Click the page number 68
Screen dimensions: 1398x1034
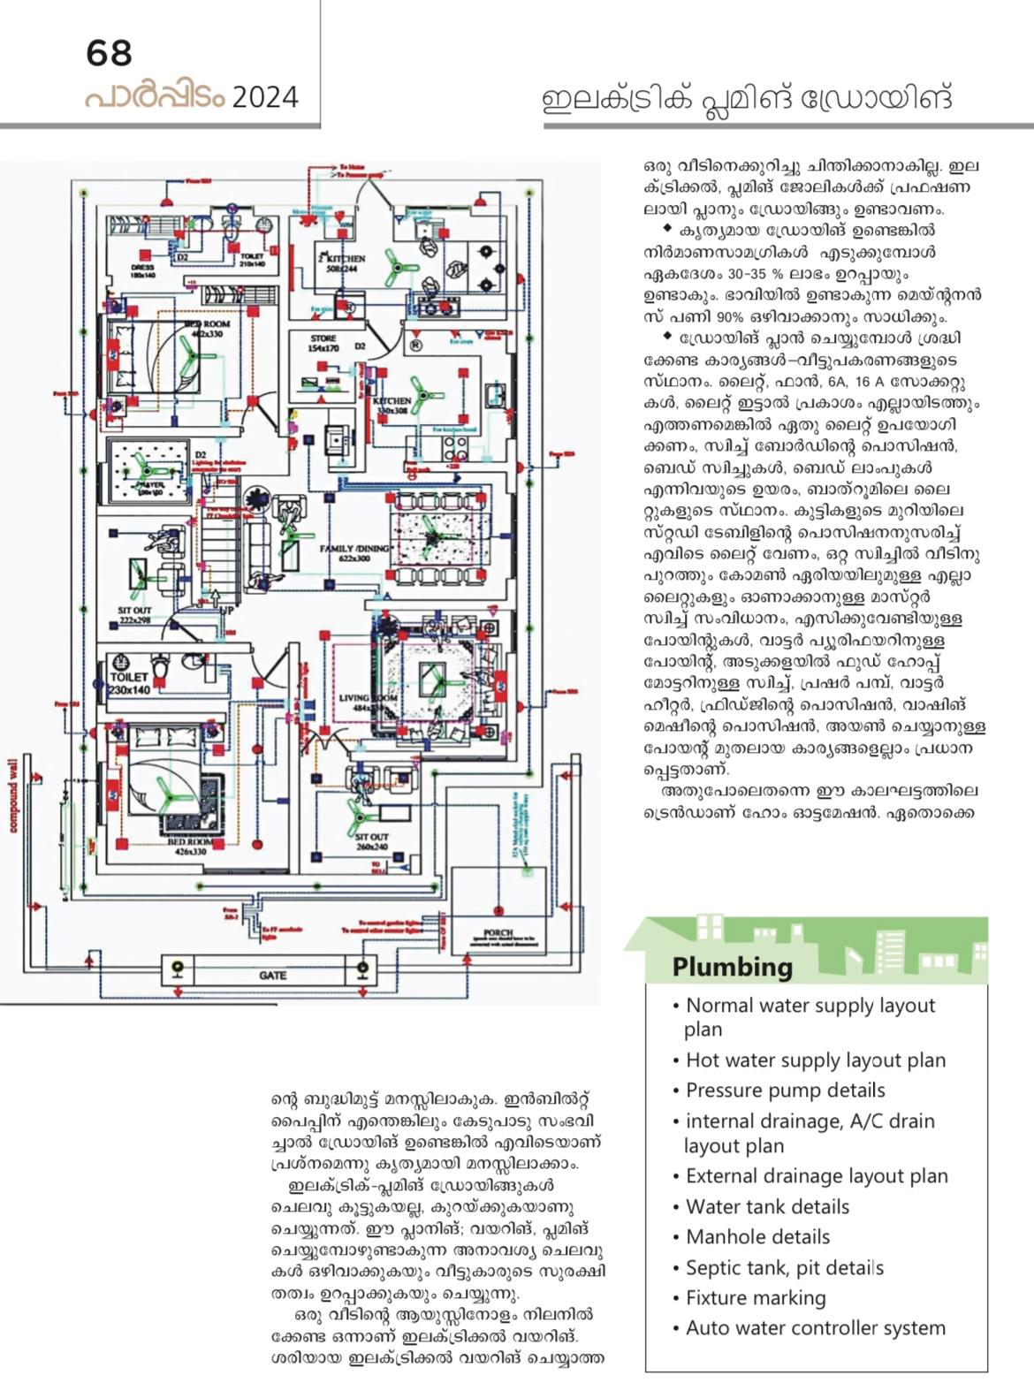click(110, 53)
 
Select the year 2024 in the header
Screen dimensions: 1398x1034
click(265, 96)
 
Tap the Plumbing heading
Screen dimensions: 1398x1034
click(732, 967)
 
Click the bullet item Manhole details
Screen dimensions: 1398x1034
click(757, 1236)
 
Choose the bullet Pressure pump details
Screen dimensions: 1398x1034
click(785, 1090)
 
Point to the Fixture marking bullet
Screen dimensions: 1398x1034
click(756, 1297)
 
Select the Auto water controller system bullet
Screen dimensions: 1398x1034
click(815, 1327)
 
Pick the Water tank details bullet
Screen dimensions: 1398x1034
click(767, 1206)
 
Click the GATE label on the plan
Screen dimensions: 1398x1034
click(272, 976)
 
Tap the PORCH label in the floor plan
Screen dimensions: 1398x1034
click(498, 933)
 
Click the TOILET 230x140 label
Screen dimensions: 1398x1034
click(130, 683)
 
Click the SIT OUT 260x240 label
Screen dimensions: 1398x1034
click(372, 840)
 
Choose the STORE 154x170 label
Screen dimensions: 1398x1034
click(323, 343)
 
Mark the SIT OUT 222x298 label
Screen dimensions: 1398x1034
click(135, 615)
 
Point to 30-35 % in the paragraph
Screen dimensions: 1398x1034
click(728, 274)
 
